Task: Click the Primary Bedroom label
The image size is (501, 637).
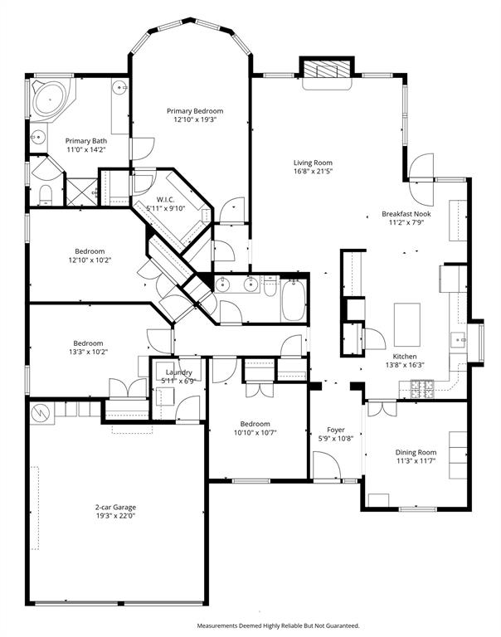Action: coord(194,110)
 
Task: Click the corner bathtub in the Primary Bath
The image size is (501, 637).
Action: coord(51,100)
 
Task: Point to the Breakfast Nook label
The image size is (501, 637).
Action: coord(405,214)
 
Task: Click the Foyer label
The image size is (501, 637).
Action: coord(336,430)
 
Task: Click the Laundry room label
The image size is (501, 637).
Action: coord(178,372)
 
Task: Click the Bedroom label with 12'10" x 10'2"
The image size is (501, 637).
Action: coord(89,251)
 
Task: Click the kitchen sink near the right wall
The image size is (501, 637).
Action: coord(456,340)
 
